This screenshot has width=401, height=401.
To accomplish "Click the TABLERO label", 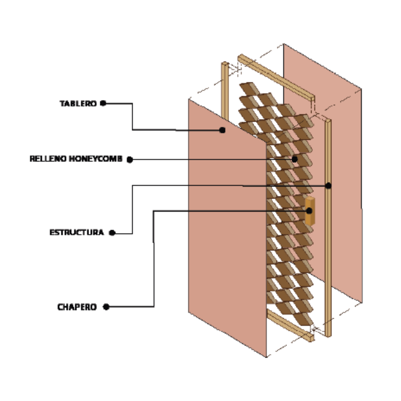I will tap(78, 103).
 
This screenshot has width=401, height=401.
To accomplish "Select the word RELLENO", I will tap(48, 159).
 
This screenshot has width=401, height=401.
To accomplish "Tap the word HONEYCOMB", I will tap(96, 159).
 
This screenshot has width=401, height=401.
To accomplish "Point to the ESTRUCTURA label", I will tap(77, 232).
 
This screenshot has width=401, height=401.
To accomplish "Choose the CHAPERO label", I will tap(77, 307).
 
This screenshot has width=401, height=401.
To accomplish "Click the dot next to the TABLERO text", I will tap(103, 103).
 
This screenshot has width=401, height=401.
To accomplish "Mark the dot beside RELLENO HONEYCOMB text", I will tap(130, 160).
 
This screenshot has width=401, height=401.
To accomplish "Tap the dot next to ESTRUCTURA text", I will tap(112, 233).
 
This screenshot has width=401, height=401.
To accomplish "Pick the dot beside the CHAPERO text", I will tap(106, 307).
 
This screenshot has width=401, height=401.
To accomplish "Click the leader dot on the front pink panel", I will tap(222, 130).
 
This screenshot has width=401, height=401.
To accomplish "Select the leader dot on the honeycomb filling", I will tap(295, 159).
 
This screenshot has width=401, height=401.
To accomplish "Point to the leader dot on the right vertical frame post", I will tap(329, 186).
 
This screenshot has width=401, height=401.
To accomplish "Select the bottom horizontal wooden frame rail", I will tap(290, 326).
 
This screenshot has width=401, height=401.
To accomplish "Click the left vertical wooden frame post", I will tap(225, 91).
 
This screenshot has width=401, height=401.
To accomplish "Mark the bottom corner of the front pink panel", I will tap(266, 356).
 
